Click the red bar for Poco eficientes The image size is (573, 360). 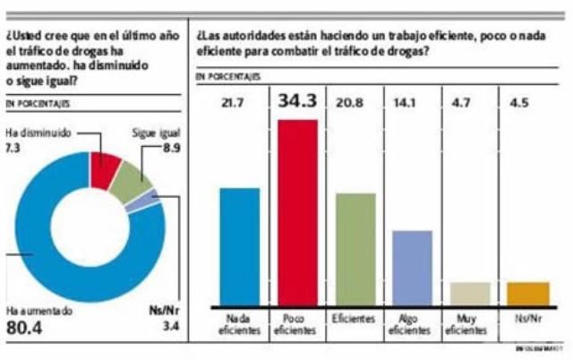[299, 212]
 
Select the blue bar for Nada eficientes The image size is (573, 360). [239, 246]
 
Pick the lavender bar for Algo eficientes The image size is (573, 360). [413, 268]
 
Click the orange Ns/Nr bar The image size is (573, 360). [528, 294]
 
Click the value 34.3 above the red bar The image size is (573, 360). [298, 102]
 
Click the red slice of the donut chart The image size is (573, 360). [106, 168]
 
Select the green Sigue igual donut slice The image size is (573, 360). [136, 181]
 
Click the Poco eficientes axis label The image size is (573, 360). [298, 323]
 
